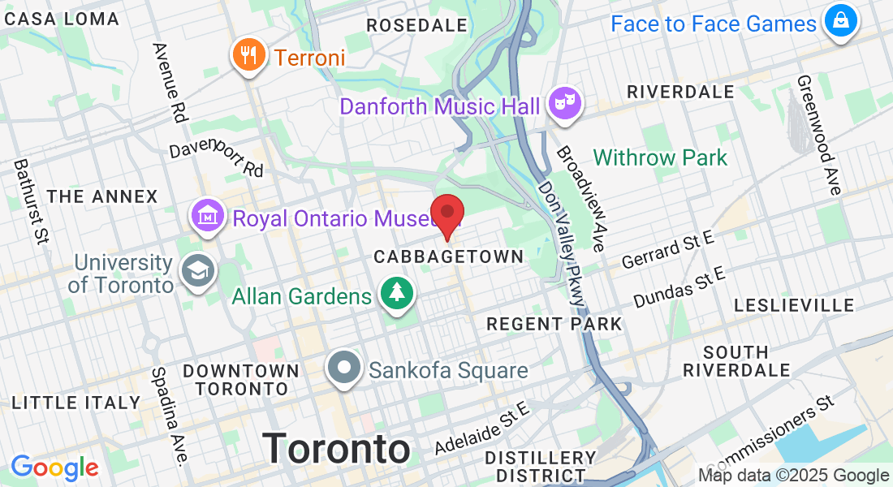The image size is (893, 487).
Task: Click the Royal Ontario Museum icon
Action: [208, 216]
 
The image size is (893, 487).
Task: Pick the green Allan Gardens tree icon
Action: [397, 294]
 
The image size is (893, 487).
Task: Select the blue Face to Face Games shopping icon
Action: [840, 21]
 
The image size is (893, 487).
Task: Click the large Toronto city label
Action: [337, 448]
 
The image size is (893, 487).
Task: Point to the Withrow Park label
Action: [660, 157]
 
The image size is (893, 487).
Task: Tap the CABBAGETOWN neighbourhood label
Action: [448, 256]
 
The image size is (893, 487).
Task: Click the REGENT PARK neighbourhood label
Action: [554, 324]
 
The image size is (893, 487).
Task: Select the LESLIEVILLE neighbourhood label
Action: [794, 305]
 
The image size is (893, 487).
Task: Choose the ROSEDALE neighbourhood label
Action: [416, 25]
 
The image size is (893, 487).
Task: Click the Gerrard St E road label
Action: [667, 248]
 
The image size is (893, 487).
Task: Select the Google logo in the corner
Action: [54, 468]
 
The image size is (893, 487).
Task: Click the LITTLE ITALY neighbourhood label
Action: [76, 403]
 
